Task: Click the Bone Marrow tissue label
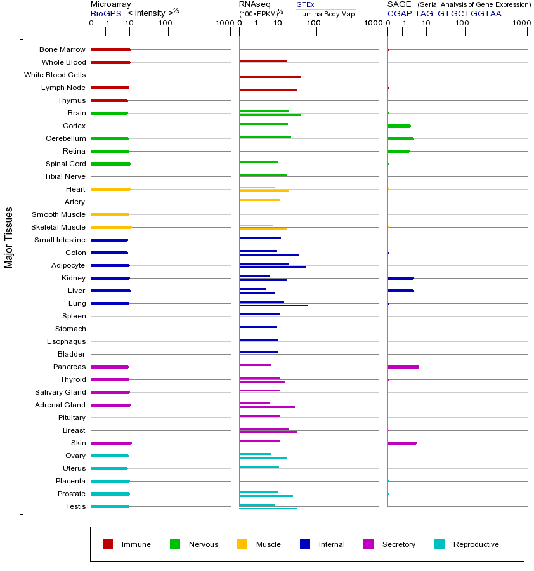click(62, 49)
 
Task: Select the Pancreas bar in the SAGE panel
click(403, 367)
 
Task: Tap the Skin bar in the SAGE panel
click(401, 443)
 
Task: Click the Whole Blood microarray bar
click(110, 62)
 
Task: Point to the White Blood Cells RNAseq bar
click(270, 77)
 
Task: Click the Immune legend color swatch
click(108, 544)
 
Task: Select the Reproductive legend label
click(476, 544)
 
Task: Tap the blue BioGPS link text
click(105, 13)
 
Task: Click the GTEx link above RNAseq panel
click(305, 4)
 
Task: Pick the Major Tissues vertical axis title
click(9, 237)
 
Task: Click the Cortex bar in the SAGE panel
click(399, 126)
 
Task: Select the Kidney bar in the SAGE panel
click(400, 278)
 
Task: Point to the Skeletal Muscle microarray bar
click(111, 227)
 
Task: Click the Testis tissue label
click(75, 506)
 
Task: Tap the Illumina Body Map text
click(325, 13)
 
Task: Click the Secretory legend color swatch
click(368, 544)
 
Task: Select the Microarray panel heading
click(111, 4)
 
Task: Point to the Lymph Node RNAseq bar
click(268, 89)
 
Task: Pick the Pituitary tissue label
click(71, 417)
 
